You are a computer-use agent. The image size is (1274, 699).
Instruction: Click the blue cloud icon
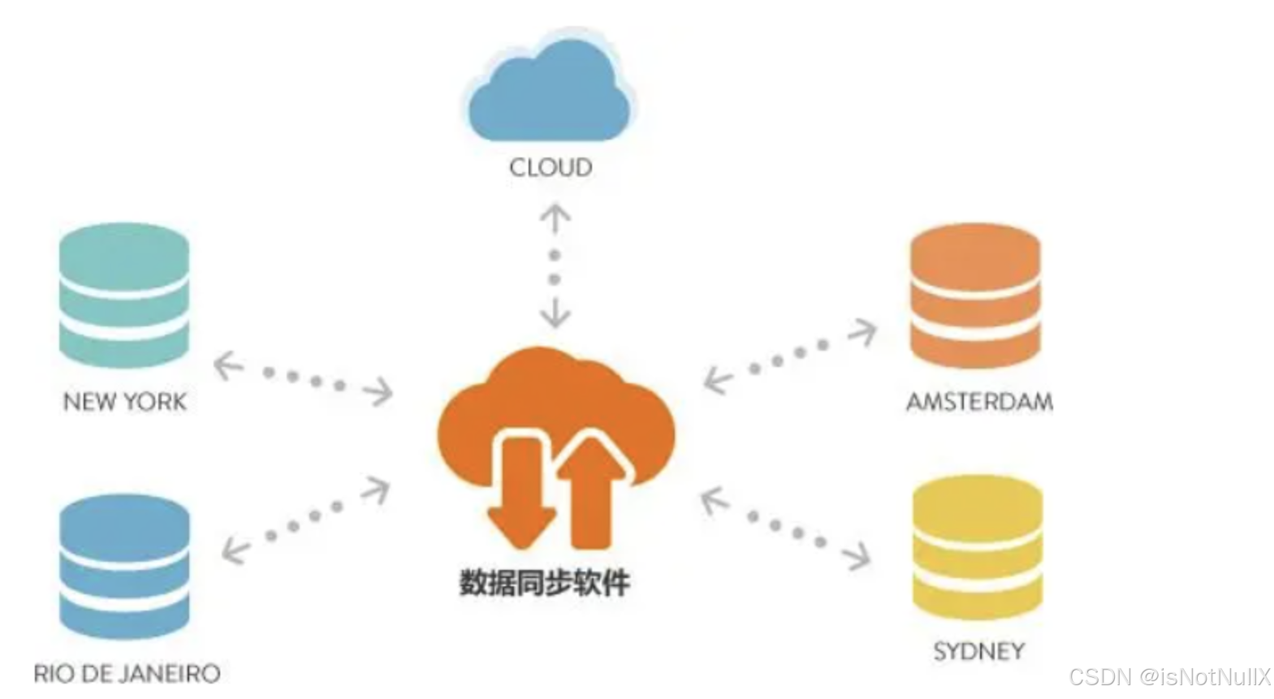[x=550, y=91]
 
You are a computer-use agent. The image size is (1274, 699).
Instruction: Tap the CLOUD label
[x=551, y=168]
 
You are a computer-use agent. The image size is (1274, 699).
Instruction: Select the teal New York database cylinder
[x=124, y=296]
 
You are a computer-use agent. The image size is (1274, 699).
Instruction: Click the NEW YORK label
[x=125, y=401]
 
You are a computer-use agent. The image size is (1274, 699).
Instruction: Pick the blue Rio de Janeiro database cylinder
[x=124, y=567]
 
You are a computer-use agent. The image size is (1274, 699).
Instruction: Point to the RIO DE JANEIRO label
[x=127, y=673]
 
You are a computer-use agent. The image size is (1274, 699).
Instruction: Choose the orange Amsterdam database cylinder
[x=975, y=296]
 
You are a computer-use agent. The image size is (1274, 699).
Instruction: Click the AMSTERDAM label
[x=979, y=401]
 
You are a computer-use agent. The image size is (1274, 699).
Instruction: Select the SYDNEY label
[x=978, y=651]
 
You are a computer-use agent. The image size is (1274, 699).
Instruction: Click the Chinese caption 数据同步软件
[x=544, y=583]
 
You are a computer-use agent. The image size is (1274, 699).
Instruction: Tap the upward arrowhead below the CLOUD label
[x=555, y=218]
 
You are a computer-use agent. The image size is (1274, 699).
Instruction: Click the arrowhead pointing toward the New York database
[x=228, y=365]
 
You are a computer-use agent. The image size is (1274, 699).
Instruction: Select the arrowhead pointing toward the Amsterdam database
[x=864, y=331]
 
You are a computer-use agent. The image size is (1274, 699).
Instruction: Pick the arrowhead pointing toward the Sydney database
[x=856, y=556]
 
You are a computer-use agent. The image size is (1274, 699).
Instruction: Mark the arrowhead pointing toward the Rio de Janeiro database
[x=235, y=550]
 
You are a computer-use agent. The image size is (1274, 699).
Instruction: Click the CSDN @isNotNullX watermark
[x=1169, y=676]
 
